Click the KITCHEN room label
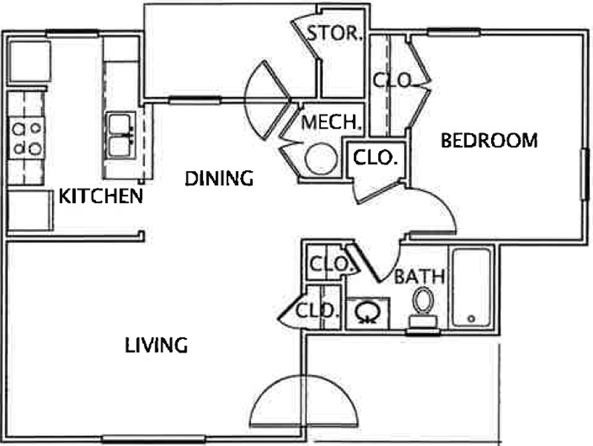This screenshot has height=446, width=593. pyautogui.click(x=100, y=196)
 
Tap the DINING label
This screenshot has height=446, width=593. pyautogui.click(x=219, y=178)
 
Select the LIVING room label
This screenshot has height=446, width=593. pyautogui.click(x=156, y=345)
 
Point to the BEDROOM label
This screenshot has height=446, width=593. pyautogui.click(x=489, y=140)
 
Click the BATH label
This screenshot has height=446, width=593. pyautogui.click(x=419, y=277)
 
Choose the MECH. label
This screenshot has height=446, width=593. pyautogui.click(x=330, y=122)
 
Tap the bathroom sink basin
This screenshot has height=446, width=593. pyautogui.click(x=367, y=312)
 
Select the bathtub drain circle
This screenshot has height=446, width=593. pyautogui.click(x=471, y=318)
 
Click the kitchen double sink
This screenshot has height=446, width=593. pyautogui.click(x=120, y=135)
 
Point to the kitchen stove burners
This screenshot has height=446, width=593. pyautogui.click(x=27, y=138)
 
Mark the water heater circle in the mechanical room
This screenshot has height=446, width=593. pyautogui.click(x=321, y=158)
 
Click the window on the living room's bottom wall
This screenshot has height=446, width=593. pyautogui.click(x=154, y=439)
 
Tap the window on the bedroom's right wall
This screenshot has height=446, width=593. pyautogui.click(x=585, y=174)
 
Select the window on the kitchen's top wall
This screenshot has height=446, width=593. pyautogui.click(x=72, y=33)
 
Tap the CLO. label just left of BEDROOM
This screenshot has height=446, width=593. pyautogui.click(x=375, y=158)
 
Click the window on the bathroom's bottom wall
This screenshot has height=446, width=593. pyautogui.click(x=423, y=332)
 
